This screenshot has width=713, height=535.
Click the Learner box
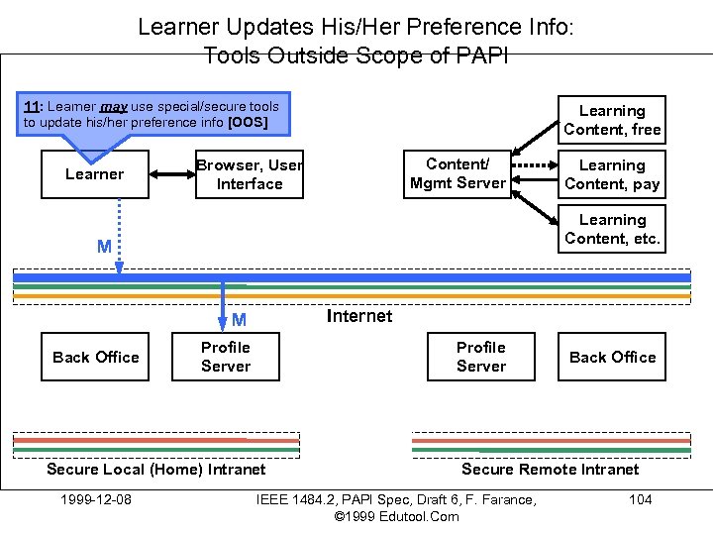(x=95, y=174)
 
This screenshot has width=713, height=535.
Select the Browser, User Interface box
(x=250, y=174)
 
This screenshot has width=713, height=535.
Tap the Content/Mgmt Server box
(x=458, y=173)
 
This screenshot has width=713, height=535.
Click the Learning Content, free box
(x=612, y=120)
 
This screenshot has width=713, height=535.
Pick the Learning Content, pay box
(x=612, y=174)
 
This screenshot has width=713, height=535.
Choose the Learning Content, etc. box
(x=612, y=229)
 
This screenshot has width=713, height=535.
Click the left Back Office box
(x=96, y=357)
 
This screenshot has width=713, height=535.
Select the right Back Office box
(x=612, y=357)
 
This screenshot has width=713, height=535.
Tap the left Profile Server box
(x=226, y=357)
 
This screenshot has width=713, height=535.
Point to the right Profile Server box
(x=481, y=357)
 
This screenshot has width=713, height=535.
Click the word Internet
(x=358, y=316)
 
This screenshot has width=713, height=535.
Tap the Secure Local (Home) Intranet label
(x=156, y=470)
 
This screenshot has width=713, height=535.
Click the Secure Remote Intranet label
(x=551, y=470)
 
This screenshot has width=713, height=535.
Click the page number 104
(x=641, y=499)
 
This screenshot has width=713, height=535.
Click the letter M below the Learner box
(x=104, y=247)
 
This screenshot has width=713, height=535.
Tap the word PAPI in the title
(x=482, y=55)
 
